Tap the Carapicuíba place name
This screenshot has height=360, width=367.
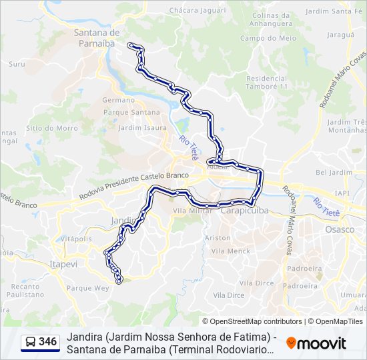pyautogui.click(x=244, y=209)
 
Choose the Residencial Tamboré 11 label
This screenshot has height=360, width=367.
pyautogui.click(x=267, y=83)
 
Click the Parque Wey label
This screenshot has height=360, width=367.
pyautogui.click(x=87, y=288)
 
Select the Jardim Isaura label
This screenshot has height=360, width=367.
pyautogui.click(x=142, y=127)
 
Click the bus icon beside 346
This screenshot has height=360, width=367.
pyautogui.click(x=31, y=342)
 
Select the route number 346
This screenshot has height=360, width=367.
pyautogui.click(x=47, y=342)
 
